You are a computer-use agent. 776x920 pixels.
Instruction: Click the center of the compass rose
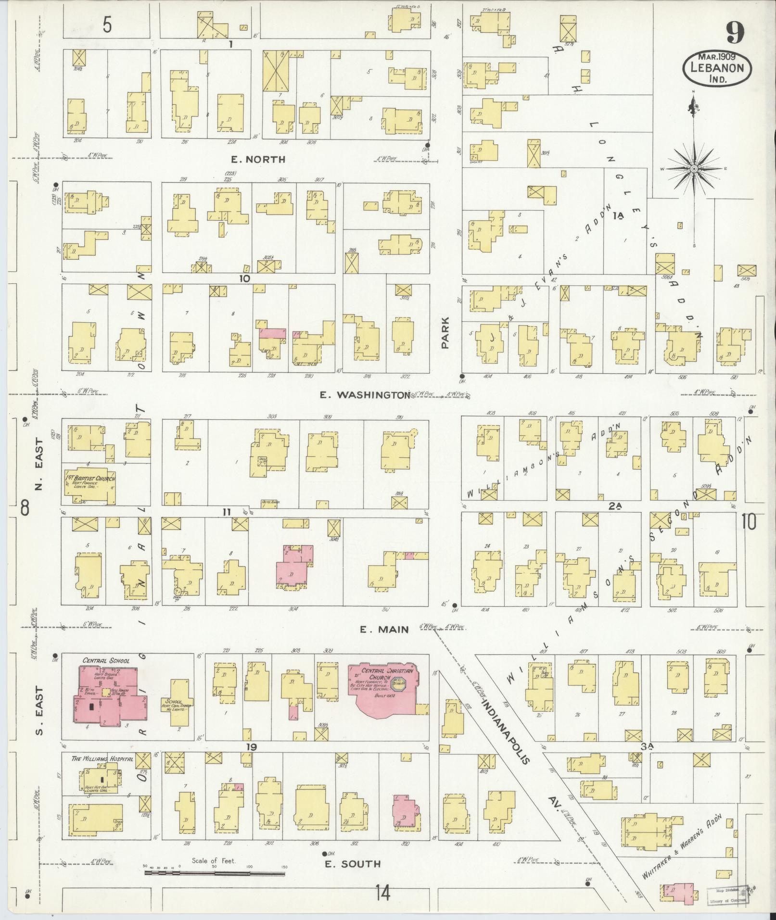[x=694, y=169]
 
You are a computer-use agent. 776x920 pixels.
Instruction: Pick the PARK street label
[x=445, y=332]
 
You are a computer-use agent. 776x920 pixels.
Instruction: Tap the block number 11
[x=226, y=512]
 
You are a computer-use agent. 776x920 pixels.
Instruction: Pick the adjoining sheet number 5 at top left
[x=107, y=25]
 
